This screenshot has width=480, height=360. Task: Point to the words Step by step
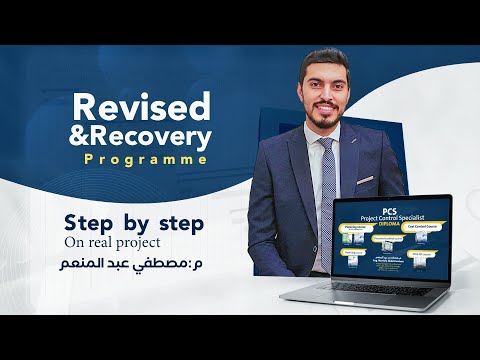click(134, 223)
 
